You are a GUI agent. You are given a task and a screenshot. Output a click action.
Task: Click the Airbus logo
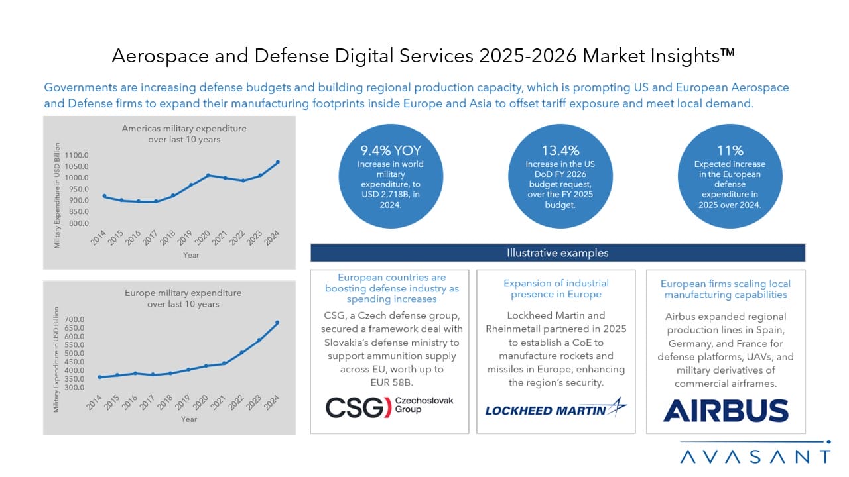(x=726, y=410)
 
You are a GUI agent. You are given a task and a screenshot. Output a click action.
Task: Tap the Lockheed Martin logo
(x=556, y=409)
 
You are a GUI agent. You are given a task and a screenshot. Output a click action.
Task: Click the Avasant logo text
(x=755, y=456)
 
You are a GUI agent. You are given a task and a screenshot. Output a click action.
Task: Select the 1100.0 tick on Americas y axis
(x=76, y=155)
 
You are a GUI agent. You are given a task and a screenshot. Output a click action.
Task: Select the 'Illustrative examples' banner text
(x=557, y=253)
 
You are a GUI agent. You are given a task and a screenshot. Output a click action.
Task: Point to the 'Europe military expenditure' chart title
(x=183, y=293)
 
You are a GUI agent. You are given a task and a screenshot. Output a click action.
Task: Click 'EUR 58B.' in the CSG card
(x=389, y=382)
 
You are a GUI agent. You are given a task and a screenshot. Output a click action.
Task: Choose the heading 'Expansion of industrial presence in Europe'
(x=556, y=289)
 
